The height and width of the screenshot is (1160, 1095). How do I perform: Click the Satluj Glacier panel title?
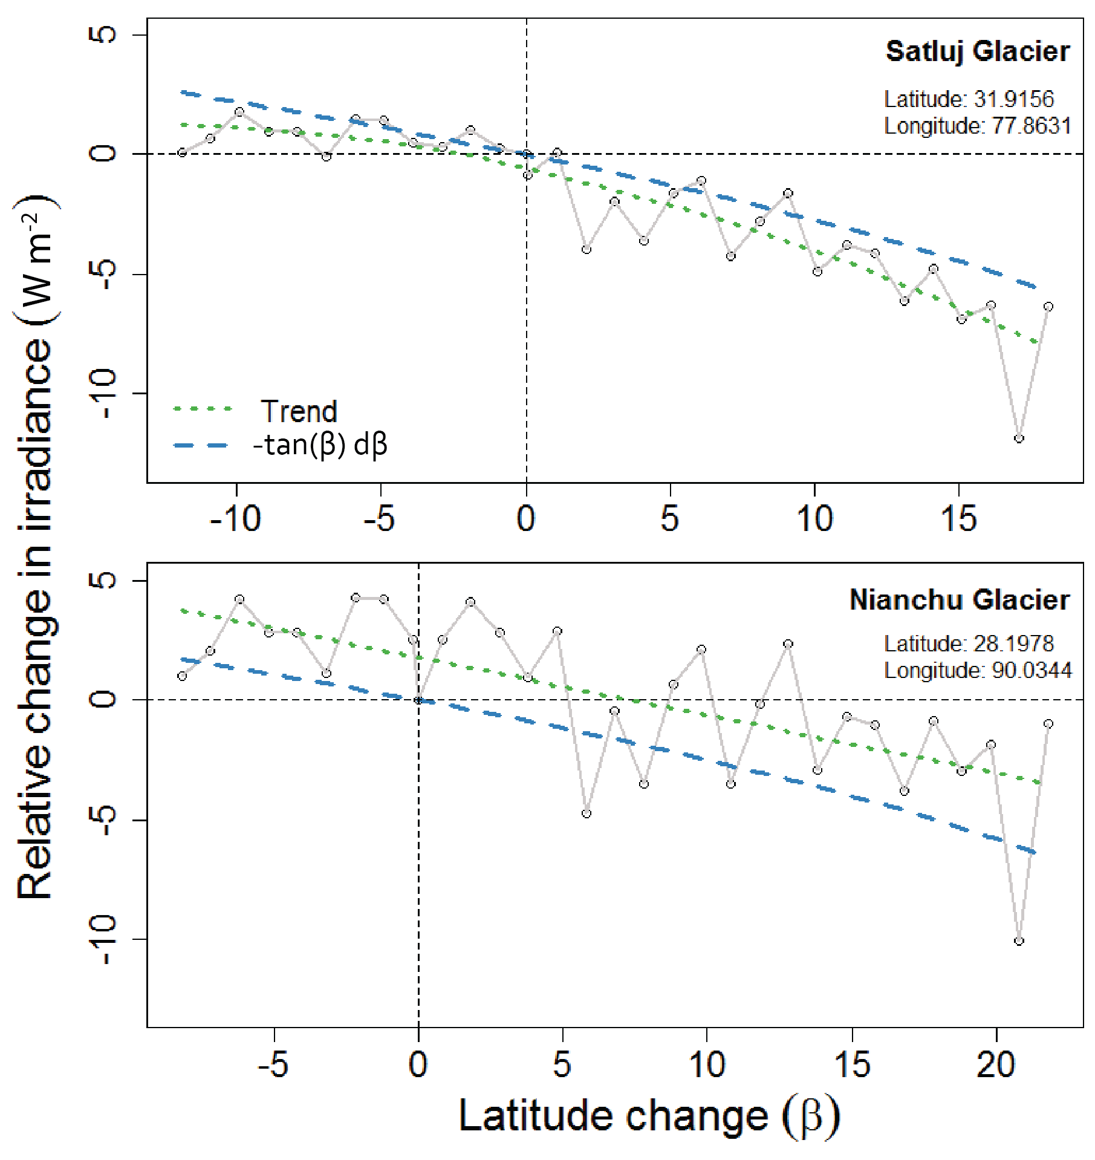977,51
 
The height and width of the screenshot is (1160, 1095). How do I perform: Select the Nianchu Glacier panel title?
959,600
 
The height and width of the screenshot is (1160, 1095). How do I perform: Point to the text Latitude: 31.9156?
969,99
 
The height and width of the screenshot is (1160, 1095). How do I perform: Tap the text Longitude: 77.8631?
977,126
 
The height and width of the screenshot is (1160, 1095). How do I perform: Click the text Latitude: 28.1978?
969,644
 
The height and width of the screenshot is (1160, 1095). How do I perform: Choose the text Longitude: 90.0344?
977,670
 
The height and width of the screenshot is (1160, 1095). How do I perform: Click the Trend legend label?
299,411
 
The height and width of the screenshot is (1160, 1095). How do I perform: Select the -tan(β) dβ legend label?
320,445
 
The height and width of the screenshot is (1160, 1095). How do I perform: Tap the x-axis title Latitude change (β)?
649,1115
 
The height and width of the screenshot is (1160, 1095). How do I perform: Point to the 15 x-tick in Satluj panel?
958,519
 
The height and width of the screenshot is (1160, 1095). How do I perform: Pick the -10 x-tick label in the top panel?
235,519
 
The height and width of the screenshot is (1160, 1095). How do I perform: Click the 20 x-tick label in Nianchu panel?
995,1064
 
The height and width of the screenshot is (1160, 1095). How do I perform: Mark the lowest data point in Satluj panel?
1019,438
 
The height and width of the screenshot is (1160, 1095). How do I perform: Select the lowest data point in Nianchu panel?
1019,941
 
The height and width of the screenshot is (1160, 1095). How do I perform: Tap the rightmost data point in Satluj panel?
1048,307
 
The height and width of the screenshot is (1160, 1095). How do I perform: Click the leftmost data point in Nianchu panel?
182,676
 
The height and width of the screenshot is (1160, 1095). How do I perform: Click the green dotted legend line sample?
203,409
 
